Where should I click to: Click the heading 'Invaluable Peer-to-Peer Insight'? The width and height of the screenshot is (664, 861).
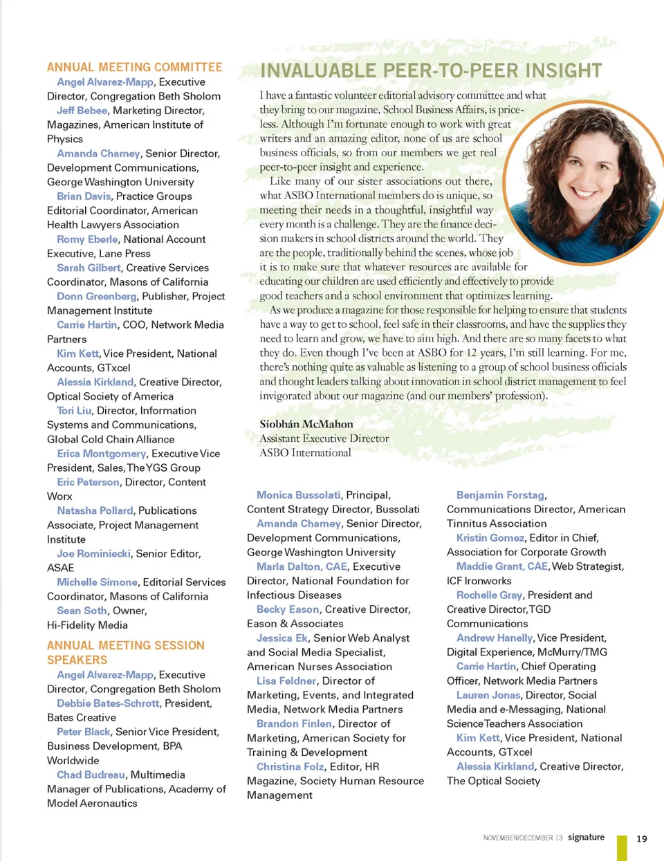pos(431,71)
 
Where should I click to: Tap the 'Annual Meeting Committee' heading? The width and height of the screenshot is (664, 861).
pos(135,67)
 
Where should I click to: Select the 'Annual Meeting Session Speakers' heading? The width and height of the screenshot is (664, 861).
pos(125,652)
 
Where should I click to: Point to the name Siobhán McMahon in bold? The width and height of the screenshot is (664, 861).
pos(306,424)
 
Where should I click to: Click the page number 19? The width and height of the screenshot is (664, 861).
pos(642,839)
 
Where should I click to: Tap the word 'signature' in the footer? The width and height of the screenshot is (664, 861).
pos(586,837)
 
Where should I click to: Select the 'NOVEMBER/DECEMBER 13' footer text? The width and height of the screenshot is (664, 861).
pos(523,838)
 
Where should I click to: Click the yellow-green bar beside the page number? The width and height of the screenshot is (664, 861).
pos(622,847)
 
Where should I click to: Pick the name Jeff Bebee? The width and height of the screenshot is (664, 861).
pos(82,111)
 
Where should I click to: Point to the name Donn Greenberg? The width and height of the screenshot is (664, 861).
pos(97,296)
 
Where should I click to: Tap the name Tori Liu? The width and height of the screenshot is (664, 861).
pos(74,411)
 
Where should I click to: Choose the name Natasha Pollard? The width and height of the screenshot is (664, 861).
pos(95,511)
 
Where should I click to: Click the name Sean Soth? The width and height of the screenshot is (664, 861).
pos(82,611)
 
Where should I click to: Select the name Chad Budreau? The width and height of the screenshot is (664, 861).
pos(91,775)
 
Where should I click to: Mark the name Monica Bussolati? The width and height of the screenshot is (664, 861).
pos(298,495)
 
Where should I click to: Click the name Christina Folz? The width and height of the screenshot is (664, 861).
pos(290,767)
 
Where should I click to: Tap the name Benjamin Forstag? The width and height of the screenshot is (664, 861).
pos(500,495)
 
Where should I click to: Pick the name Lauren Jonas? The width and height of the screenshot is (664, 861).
pos(488,695)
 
